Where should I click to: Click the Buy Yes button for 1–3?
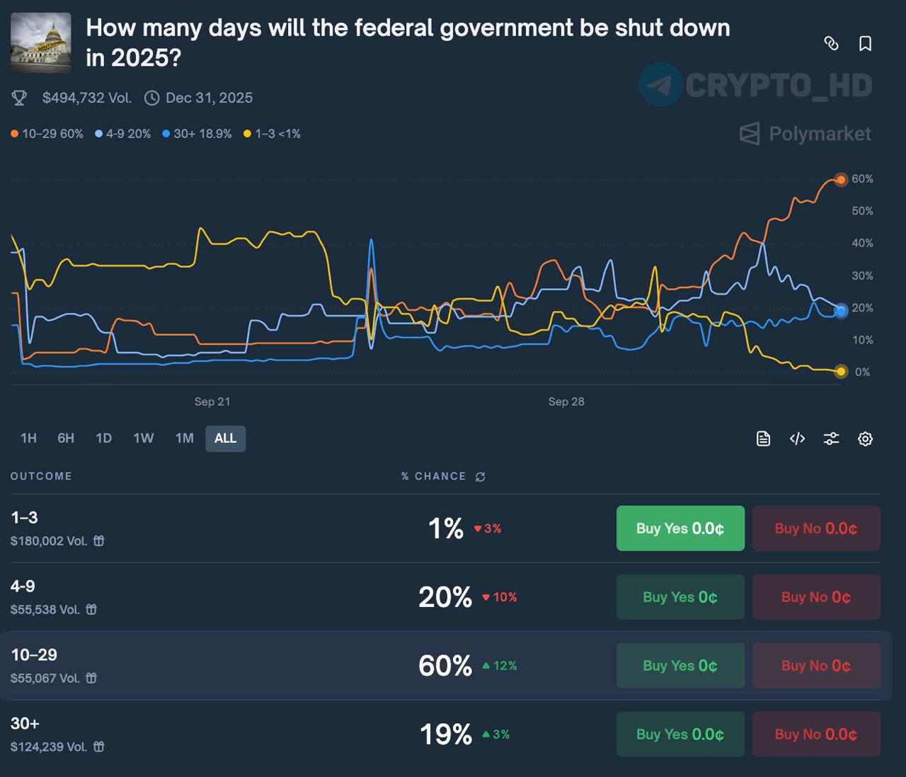point(680,528)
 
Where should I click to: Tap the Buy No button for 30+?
point(816,735)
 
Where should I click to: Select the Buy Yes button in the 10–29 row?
point(680,666)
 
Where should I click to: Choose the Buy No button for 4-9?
point(816,597)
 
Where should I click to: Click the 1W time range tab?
point(144,438)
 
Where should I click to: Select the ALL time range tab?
point(225,438)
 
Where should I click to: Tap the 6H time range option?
point(66,438)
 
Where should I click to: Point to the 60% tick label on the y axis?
point(862,179)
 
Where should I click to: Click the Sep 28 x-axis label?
point(566,402)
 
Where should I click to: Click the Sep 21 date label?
point(212,402)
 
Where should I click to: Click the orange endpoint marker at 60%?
point(840,180)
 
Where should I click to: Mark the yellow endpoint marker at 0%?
point(840,371)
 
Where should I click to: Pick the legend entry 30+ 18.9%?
point(197,134)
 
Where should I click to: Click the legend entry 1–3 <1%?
point(273,134)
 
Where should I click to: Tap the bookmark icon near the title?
point(865,44)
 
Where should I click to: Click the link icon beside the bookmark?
point(832,44)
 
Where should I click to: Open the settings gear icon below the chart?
point(865,439)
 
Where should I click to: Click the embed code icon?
point(797,439)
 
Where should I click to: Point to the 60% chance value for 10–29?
point(445,666)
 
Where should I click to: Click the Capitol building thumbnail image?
point(41,42)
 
